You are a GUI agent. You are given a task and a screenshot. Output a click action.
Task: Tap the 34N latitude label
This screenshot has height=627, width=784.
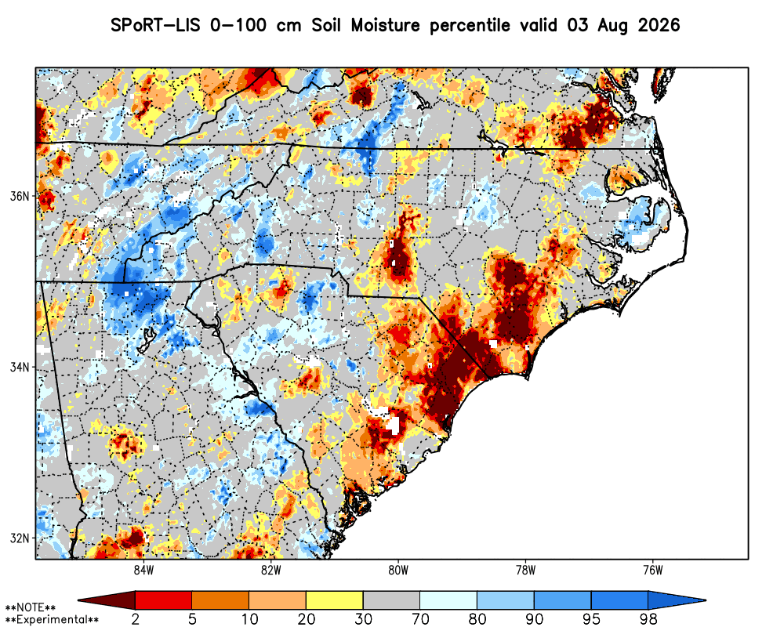coord(20,368)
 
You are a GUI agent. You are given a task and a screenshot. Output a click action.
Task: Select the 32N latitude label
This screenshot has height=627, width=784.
coord(20,538)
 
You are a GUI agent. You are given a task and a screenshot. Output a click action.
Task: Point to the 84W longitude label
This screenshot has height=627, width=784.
coord(144,571)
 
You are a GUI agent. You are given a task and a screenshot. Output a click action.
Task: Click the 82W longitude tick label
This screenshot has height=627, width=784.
coord(271,571)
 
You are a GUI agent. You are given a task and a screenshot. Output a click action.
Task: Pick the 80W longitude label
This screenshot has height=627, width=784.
coord(398,571)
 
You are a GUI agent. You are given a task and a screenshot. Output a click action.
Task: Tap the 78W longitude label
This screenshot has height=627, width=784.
coord(525,571)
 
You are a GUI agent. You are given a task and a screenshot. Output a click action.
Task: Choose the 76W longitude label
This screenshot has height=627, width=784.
coord(653,571)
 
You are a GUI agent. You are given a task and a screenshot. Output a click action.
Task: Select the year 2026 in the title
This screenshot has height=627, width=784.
coord(659,25)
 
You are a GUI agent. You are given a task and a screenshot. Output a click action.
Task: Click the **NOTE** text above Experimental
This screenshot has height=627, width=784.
coord(30,608)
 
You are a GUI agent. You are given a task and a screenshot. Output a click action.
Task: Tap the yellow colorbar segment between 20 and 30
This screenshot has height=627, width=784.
coord(335,600)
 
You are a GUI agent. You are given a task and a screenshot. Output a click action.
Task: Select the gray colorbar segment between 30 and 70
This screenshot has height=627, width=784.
coord(391,600)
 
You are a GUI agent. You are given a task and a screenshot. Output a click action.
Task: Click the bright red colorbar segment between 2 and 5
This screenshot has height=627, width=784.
coord(164,600)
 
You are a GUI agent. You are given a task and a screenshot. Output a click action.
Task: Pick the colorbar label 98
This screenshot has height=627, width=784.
coord(648,619)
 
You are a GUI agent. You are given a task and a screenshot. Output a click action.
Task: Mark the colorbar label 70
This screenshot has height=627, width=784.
coord(420,619)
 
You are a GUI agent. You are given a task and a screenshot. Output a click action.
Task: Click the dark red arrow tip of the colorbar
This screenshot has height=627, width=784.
coord(80,600)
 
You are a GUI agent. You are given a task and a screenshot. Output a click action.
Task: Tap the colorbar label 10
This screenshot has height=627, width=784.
coord(249,619)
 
